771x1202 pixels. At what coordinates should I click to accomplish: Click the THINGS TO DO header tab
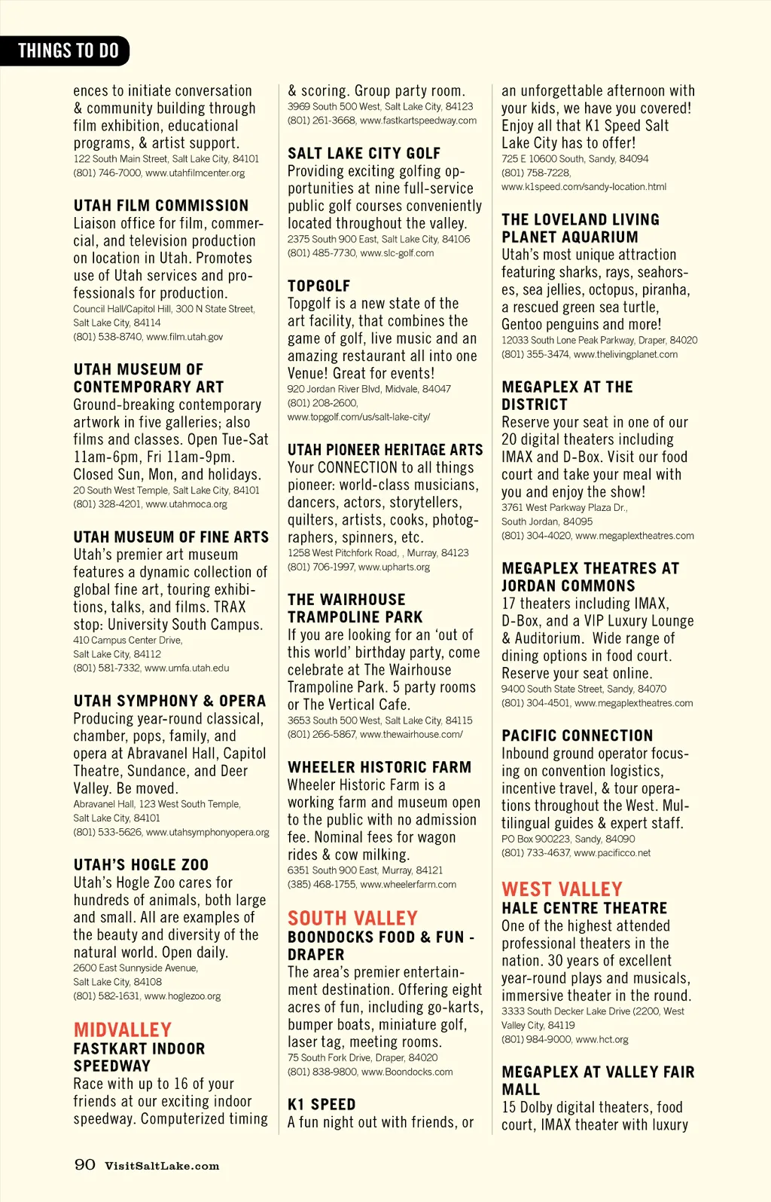(68, 50)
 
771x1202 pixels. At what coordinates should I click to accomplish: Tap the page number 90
(85, 1164)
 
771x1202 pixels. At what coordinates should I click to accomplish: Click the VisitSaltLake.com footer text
(162, 1166)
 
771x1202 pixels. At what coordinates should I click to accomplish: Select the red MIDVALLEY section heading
(123, 1029)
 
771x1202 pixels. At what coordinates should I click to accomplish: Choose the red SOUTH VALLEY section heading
(352, 918)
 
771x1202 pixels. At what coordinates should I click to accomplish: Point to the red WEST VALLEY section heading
(562, 889)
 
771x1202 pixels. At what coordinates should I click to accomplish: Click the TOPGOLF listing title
(318, 286)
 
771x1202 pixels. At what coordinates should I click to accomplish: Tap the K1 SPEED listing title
(322, 1104)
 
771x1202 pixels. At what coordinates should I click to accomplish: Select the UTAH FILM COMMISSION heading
(161, 205)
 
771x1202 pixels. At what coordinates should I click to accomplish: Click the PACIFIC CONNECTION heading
(577, 735)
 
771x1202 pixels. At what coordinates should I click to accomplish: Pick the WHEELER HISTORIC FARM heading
(379, 766)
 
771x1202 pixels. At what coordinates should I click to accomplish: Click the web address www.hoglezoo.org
(183, 996)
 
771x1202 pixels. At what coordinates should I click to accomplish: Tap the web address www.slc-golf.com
(397, 253)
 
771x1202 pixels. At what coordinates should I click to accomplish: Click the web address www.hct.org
(602, 1039)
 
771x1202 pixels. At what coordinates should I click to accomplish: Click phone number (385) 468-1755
(322, 884)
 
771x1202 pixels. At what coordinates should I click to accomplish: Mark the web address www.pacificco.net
(612, 853)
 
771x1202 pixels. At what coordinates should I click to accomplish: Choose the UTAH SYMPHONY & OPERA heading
(169, 700)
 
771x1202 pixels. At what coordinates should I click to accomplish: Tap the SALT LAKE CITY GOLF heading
(364, 153)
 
